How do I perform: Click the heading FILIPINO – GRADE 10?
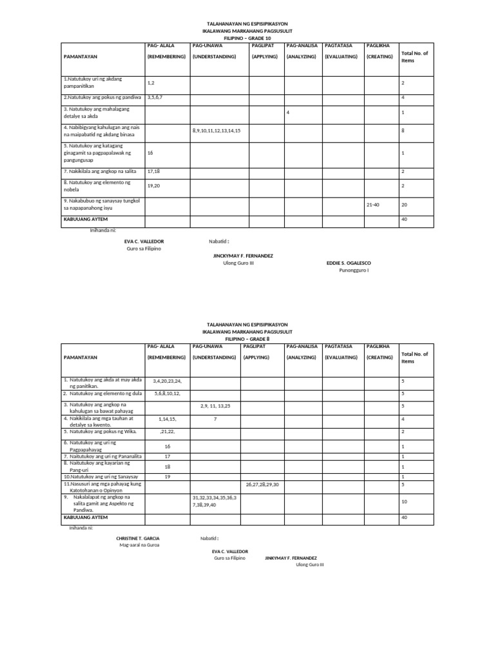point(247,39)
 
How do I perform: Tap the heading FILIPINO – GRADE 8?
point(247,338)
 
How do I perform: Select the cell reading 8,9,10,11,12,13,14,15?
point(217,130)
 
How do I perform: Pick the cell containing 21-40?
point(373,204)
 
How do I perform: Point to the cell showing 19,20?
point(154,185)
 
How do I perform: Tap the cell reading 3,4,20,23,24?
point(168,381)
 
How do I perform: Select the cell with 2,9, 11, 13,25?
point(216,406)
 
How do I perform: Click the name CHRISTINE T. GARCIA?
point(138,538)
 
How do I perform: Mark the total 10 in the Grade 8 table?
point(403,501)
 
